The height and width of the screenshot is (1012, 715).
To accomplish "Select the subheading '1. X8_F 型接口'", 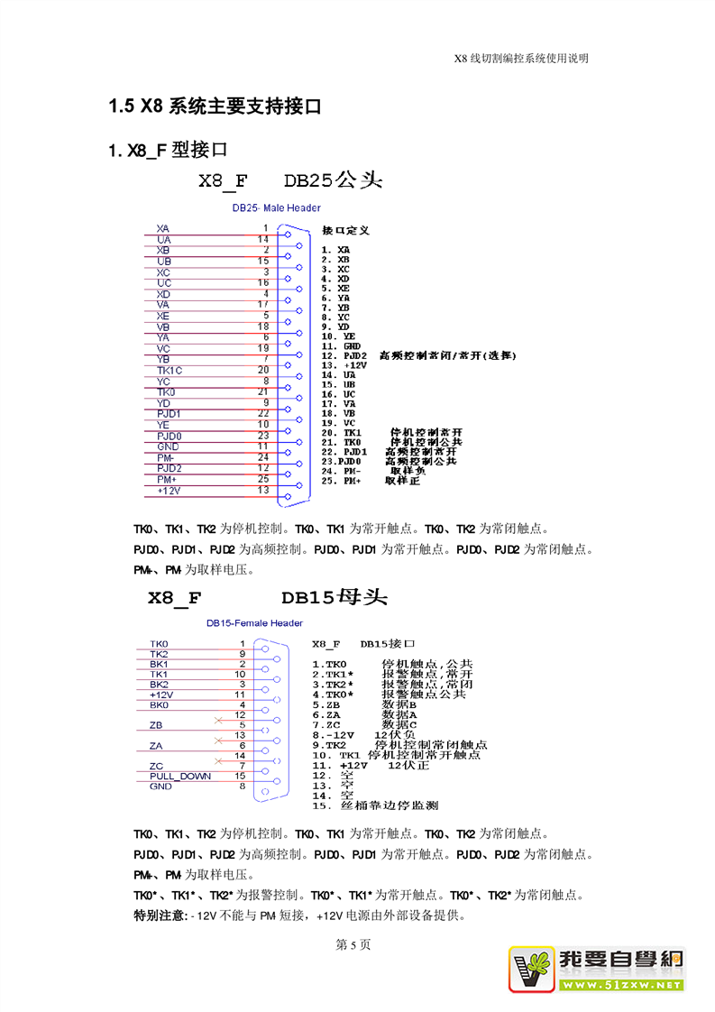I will [167, 150].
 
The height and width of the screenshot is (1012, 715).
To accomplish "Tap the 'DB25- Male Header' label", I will [276, 208].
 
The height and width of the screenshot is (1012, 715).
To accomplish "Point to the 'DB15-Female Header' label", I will [254, 623].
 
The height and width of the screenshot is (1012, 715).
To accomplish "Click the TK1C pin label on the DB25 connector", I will [169, 371].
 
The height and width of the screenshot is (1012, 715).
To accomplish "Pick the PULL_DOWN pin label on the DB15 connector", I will [180, 776].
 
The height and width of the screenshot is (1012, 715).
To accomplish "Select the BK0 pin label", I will [159, 704].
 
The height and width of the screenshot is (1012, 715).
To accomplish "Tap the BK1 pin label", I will [159, 664].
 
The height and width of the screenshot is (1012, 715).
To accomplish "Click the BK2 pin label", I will [159, 685].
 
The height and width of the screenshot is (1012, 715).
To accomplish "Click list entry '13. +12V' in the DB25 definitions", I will [343, 365].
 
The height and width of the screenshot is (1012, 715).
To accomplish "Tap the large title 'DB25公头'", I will [334, 181].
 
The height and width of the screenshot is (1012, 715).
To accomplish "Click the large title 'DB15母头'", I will [334, 598].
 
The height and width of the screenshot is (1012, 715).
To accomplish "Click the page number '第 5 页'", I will [353, 945].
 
